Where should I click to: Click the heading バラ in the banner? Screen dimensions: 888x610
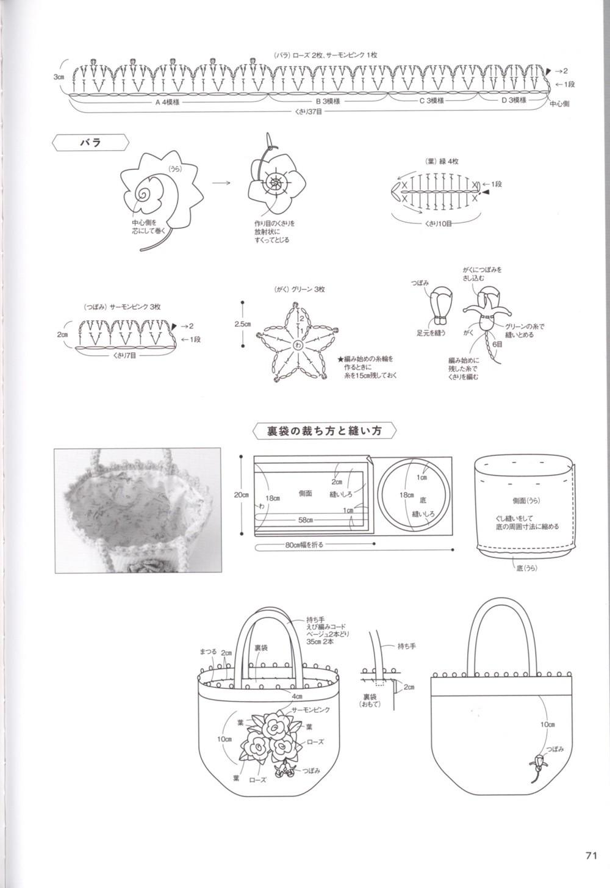91,143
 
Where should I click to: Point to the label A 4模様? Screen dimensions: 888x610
167,102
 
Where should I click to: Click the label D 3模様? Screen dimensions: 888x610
513,99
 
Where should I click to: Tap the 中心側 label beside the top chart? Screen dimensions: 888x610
559,104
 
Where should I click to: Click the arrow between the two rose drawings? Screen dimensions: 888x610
221,182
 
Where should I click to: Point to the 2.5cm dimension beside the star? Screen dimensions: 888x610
243,324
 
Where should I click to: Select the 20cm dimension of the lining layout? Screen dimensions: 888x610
241,494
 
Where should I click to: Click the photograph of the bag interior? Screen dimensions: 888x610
137,511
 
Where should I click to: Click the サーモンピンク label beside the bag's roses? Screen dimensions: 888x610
311,710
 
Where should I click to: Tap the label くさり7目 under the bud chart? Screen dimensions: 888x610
124,354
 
